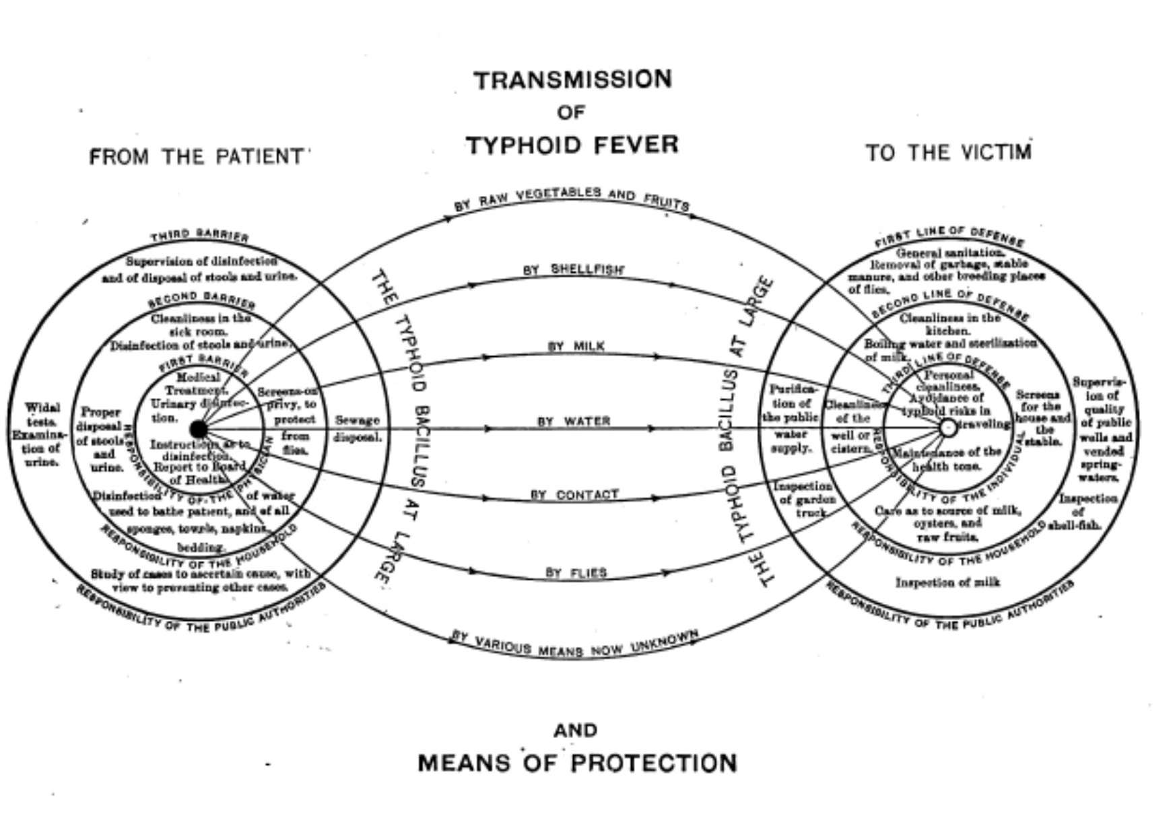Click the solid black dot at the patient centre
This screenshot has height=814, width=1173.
coord(199,429)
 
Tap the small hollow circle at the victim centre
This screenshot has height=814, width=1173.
coord(947,427)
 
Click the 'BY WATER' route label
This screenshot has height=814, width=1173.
coord(574,421)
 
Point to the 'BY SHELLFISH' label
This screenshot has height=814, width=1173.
coord(574,269)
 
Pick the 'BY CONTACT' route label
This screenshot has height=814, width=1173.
coord(574,495)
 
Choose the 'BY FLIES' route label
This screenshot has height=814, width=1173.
coord(576,573)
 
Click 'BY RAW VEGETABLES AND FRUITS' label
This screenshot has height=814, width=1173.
coord(572,197)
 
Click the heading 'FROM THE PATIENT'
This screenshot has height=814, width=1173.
coord(197,157)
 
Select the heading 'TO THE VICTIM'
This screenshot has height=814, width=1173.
coord(948,153)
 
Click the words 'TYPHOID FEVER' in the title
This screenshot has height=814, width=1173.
coord(572,145)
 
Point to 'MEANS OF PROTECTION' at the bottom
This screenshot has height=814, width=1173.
coord(577,764)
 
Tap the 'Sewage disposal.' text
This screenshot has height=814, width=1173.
coord(358,428)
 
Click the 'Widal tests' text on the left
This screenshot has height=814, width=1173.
coord(42,413)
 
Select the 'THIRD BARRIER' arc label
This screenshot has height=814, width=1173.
coord(200,235)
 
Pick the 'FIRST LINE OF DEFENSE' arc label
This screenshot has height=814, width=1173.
coord(949,236)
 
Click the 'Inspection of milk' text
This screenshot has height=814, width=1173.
coord(947,582)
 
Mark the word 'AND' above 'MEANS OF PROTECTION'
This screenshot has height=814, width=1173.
coord(575,730)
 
